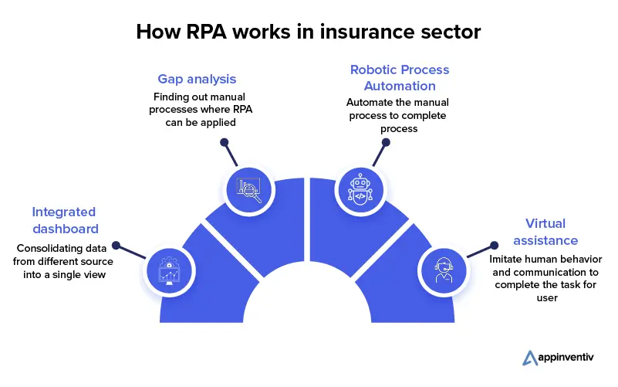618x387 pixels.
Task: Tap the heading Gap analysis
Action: tap(197, 80)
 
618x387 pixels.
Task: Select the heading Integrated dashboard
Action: tap(64, 220)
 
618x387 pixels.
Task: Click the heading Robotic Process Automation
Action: tap(399, 77)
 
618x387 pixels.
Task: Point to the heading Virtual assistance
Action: tap(545, 232)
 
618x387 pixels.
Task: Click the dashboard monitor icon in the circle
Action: tap(168, 270)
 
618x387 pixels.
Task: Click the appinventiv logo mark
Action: tap(529, 358)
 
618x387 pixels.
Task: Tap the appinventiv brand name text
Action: tap(569, 358)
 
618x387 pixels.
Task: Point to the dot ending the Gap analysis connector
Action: tap(225, 142)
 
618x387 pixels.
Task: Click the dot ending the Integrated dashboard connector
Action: tap(116, 246)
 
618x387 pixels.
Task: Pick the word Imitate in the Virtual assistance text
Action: tap(509, 260)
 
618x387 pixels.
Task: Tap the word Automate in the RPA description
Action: tap(371, 102)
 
